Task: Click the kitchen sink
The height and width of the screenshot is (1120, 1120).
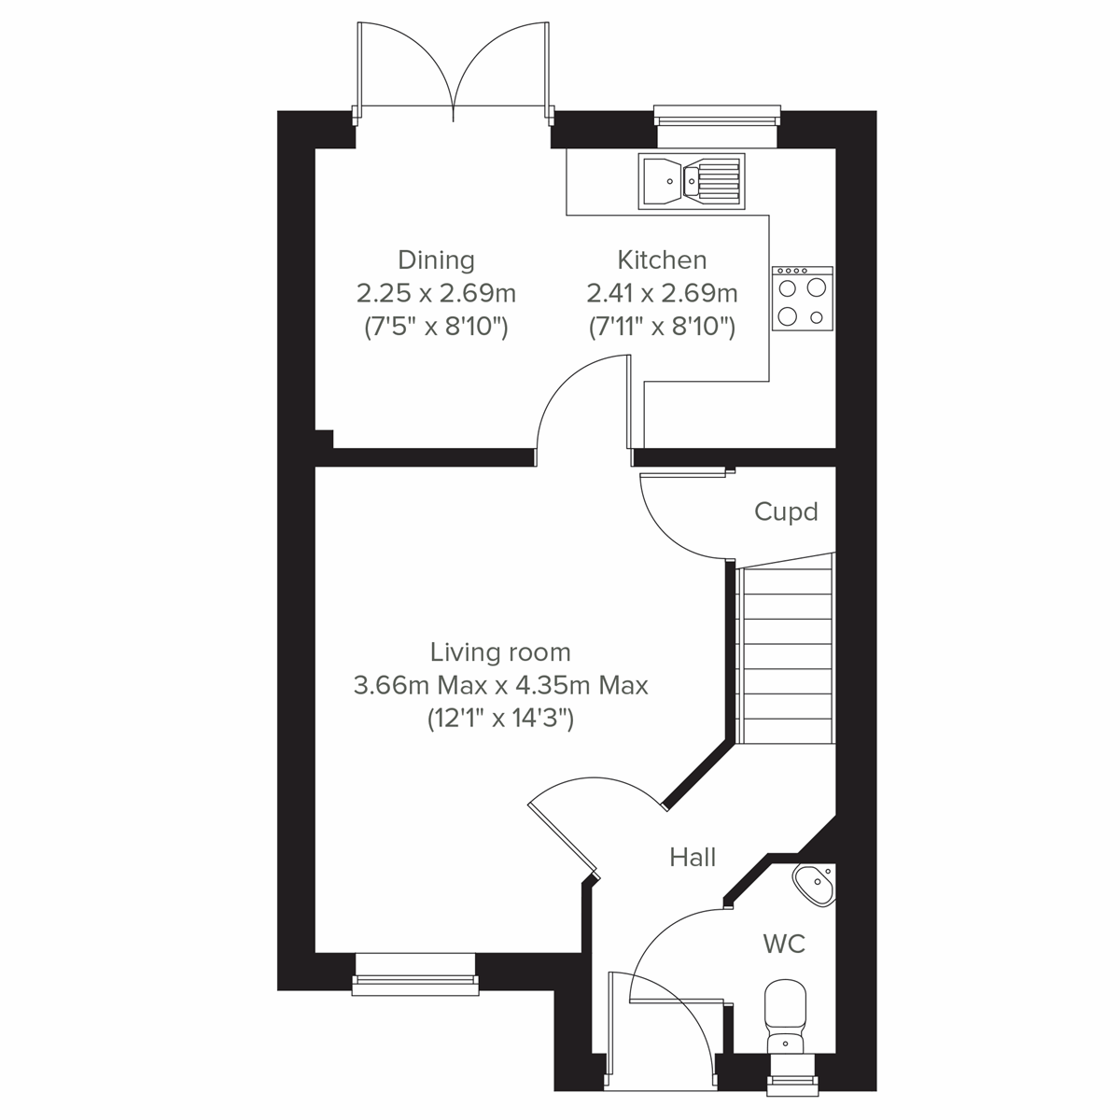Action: coord(692,180)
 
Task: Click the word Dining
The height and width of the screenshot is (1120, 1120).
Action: coord(436,259)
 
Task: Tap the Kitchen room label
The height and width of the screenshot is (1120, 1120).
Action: coord(662,259)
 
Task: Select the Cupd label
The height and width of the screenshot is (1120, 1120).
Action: coord(786,511)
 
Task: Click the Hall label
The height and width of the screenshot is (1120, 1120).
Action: coord(693,857)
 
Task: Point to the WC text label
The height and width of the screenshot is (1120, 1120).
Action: coord(784,944)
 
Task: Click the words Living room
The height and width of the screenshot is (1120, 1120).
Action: coord(500,651)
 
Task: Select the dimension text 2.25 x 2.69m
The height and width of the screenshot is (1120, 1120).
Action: coord(436,293)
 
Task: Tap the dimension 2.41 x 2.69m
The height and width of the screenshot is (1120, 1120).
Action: coord(662,293)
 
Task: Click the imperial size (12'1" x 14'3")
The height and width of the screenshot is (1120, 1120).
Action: coord(500,719)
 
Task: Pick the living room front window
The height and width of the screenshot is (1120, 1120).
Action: coord(415,970)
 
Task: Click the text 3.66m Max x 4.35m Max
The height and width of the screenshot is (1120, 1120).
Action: coord(500,685)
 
